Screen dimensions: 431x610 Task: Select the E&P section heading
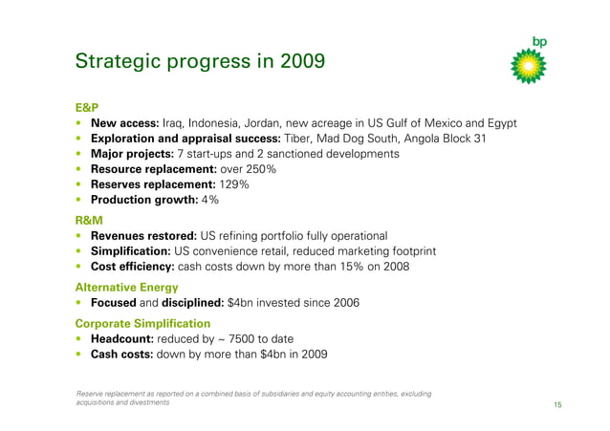[x=88, y=108]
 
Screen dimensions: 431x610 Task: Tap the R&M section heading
[x=89, y=220]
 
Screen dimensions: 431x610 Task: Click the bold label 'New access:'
[x=124, y=124]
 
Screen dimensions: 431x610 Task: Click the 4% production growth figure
[x=210, y=200]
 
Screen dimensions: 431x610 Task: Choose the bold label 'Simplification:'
[x=132, y=251]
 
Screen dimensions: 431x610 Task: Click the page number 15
[x=556, y=405]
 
